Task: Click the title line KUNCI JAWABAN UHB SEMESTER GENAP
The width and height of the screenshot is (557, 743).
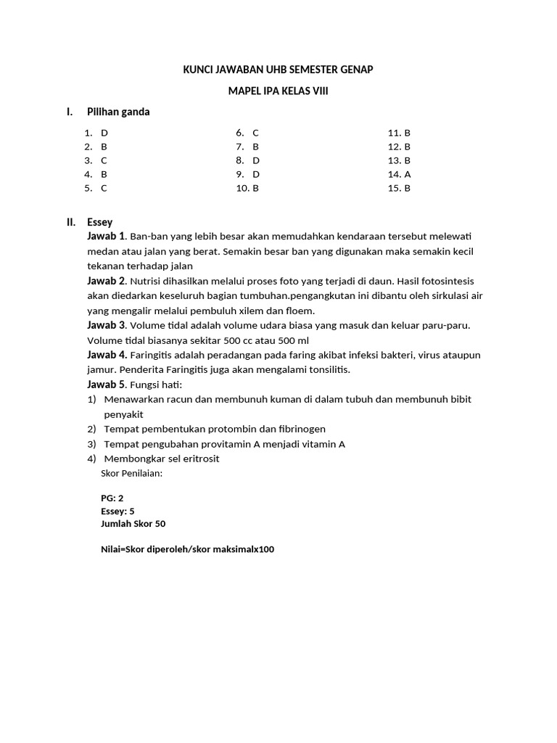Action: [278, 70]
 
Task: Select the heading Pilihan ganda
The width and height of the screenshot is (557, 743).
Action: [118, 112]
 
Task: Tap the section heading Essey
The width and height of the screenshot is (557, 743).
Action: [99, 222]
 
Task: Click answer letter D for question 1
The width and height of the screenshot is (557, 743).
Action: [104, 133]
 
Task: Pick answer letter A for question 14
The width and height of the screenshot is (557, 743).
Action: [408, 174]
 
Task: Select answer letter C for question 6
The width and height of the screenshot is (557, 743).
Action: [256, 133]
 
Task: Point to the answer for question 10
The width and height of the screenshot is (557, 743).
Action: [256, 188]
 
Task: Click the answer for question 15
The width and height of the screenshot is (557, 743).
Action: [408, 188]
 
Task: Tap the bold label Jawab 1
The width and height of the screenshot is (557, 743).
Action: [107, 236]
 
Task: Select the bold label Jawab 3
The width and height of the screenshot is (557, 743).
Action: [107, 325]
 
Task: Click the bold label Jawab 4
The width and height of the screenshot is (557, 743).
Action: [107, 355]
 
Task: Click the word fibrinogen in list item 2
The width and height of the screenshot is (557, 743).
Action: [297, 429]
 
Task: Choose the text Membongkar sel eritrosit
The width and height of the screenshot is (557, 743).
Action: [162, 459]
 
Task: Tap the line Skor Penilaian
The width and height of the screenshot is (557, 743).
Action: [132, 473]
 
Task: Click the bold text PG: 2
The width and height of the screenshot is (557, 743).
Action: [112, 498]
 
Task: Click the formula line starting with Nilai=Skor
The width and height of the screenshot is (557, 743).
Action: [188, 549]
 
